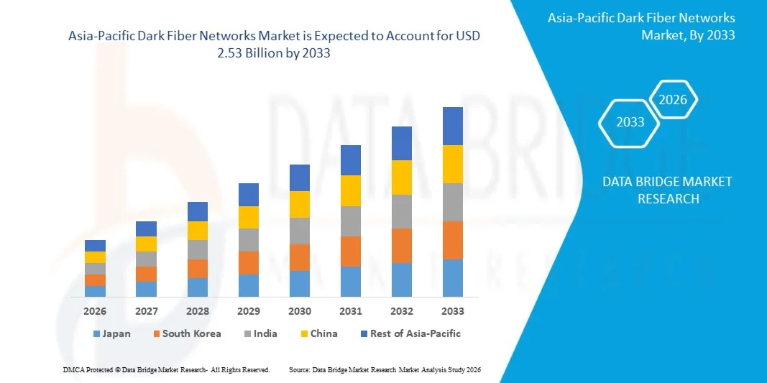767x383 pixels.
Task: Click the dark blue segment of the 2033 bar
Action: click(x=452, y=126)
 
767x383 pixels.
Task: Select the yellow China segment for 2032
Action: click(x=401, y=177)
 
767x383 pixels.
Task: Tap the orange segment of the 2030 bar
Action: click(x=299, y=257)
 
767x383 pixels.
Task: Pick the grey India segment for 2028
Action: click(x=197, y=249)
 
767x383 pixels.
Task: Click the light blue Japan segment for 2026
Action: click(x=95, y=291)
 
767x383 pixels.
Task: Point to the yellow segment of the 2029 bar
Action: click(x=248, y=217)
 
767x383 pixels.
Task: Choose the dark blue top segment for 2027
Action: click(x=146, y=229)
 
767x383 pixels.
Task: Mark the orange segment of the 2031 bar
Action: click(x=350, y=252)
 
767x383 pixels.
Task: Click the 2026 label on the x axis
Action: click(x=95, y=311)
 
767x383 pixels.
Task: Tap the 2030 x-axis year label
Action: click(x=299, y=311)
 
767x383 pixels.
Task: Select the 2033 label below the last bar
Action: click(x=452, y=311)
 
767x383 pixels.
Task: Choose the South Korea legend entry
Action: click(x=186, y=333)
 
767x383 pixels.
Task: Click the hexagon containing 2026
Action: click(x=673, y=100)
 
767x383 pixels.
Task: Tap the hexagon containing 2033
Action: click(x=630, y=122)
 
